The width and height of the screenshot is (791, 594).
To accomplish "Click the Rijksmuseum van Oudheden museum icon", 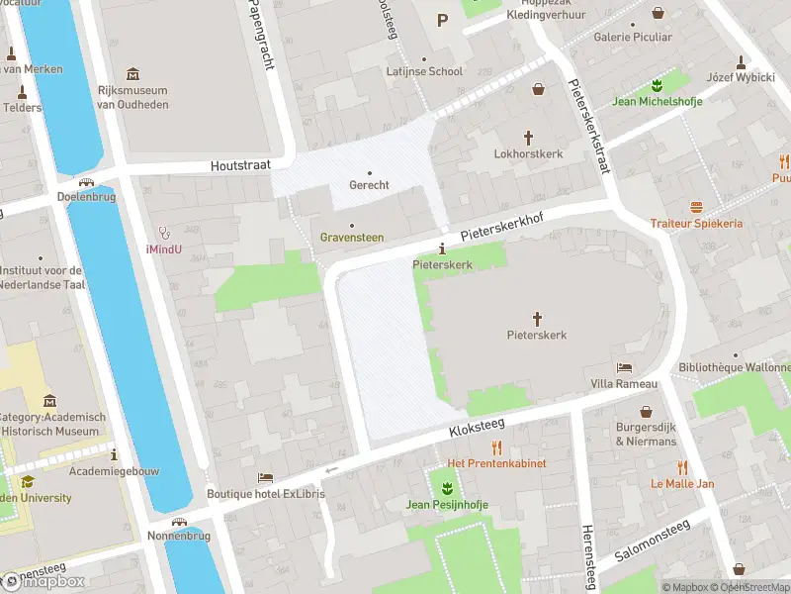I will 133,74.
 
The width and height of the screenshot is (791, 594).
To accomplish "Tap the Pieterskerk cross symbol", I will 538,318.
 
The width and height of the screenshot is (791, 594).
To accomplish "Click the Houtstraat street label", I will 240,167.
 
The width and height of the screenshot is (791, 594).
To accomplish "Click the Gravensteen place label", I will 351,238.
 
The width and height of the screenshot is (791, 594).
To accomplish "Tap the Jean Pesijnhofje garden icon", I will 447,487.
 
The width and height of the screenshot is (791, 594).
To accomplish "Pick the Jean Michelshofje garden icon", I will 656,84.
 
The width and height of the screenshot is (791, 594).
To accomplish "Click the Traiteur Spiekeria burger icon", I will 696,207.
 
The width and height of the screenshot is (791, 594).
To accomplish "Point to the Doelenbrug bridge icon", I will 88,182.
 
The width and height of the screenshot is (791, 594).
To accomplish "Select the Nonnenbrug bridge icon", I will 179,522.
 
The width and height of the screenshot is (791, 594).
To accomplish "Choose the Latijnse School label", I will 425,71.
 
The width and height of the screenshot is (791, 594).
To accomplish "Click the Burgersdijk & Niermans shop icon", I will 647,411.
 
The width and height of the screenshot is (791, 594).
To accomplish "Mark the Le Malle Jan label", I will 682,484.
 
